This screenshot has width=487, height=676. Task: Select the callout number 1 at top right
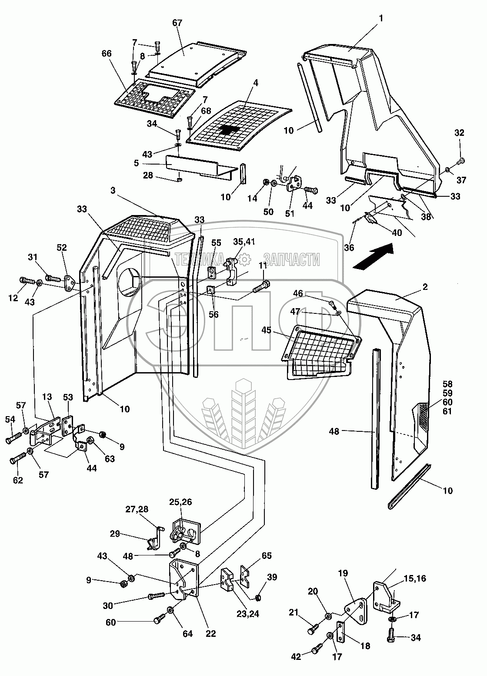[x=381, y=19]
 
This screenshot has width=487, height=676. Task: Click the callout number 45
[x=279, y=331]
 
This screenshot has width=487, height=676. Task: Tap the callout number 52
[x=62, y=247]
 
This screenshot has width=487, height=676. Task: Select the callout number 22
[x=211, y=633]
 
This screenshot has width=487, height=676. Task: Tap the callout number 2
[x=425, y=287]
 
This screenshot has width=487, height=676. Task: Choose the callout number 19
[x=343, y=573]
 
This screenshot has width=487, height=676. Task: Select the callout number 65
[x=267, y=556]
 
